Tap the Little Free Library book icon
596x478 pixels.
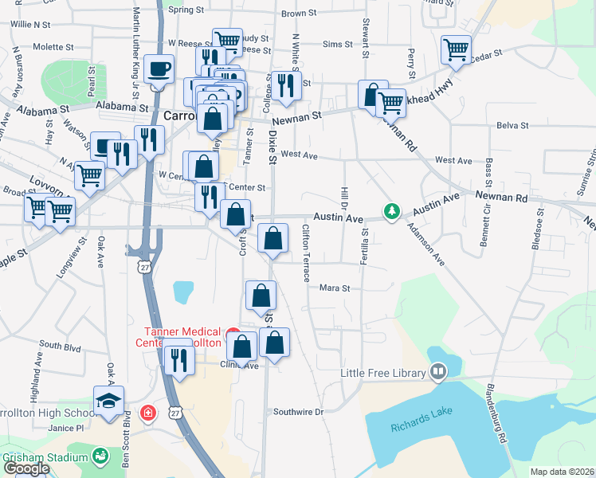[438, 372]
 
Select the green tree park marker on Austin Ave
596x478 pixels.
[390, 211]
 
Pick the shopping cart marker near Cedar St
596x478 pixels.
[456, 49]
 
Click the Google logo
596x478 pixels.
[27, 468]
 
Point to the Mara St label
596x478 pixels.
[335, 288]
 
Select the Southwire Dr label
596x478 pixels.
[299, 412]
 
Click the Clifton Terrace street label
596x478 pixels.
[306, 253]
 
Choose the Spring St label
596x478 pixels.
[186, 10]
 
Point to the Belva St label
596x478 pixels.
[512, 126]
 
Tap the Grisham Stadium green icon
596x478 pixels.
[100, 456]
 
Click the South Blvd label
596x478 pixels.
[61, 346]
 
